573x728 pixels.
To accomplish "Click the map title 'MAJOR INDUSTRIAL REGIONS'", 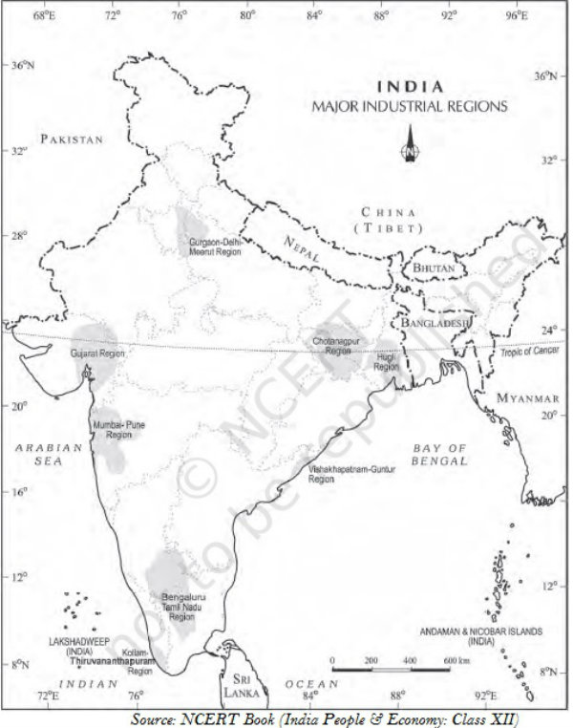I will (x=410, y=106).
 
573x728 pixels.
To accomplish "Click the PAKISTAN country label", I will (x=72, y=139).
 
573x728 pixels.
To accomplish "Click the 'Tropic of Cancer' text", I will (x=528, y=353).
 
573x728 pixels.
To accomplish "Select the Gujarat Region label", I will (x=98, y=353).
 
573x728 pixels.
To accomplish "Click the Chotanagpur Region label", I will (x=339, y=346).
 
